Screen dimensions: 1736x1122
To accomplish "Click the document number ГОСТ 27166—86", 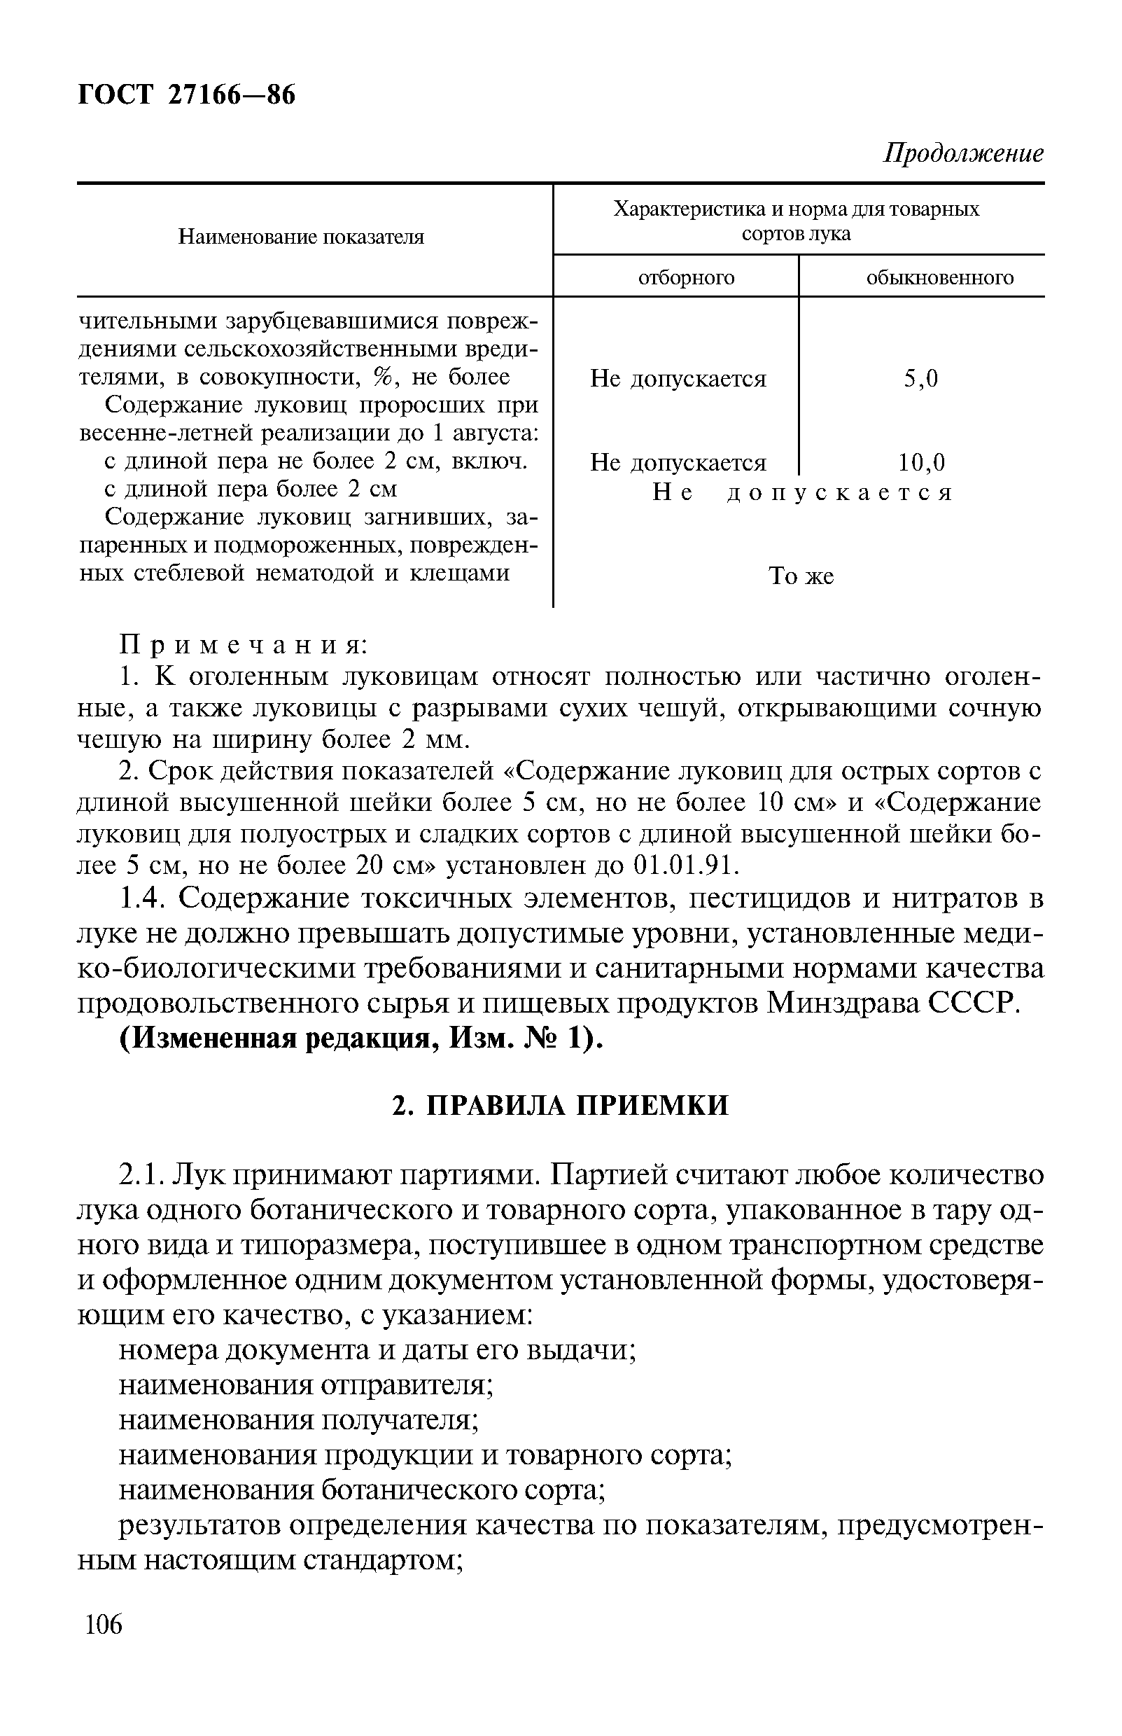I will [x=186, y=95].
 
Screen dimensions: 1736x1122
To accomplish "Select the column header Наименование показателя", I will [x=302, y=237].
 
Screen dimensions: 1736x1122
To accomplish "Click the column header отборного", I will [x=687, y=278].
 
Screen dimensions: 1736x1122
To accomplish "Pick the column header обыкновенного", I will [x=939, y=278].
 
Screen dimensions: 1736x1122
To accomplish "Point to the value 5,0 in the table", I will [x=921, y=379].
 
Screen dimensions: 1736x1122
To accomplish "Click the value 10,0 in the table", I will [x=921, y=463].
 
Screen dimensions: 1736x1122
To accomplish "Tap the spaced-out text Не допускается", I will [x=802, y=494].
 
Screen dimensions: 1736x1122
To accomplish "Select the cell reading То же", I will [x=801, y=576].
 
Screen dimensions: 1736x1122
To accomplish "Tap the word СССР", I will [x=972, y=1004].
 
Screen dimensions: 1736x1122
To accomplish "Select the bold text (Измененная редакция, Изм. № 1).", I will [x=361, y=1039].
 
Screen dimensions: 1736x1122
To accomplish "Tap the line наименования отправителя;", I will [x=306, y=1384].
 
